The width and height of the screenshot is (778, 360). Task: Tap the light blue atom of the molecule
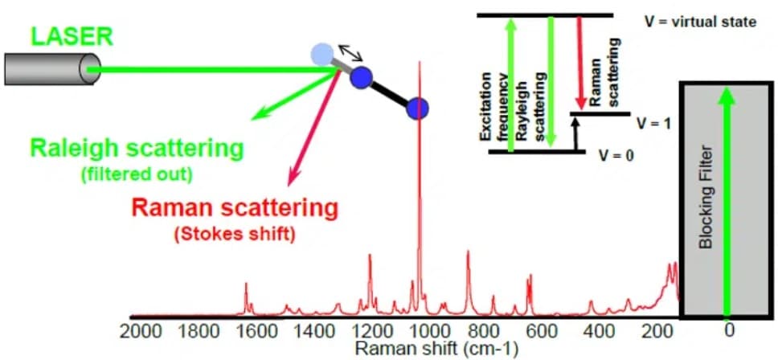point(323,55)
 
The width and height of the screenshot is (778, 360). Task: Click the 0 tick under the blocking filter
point(728,330)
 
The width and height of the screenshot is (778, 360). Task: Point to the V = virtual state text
point(700,22)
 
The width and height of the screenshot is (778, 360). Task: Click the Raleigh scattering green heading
point(137,149)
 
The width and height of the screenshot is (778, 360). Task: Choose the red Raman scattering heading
point(234,209)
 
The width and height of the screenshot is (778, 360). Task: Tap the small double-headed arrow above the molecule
point(350,53)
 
